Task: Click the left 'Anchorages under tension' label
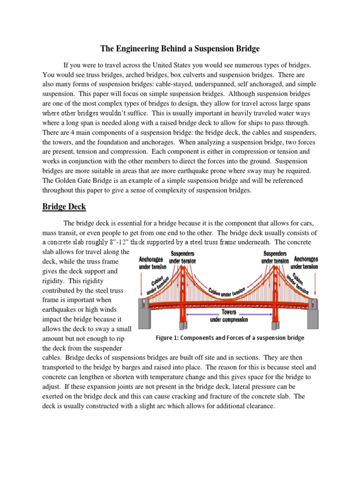151,263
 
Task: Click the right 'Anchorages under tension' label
306,262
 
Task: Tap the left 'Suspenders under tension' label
182,257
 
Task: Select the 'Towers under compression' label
229,315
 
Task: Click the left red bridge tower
183,300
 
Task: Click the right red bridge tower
275,300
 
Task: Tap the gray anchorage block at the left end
143,319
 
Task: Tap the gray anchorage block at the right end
313,319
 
